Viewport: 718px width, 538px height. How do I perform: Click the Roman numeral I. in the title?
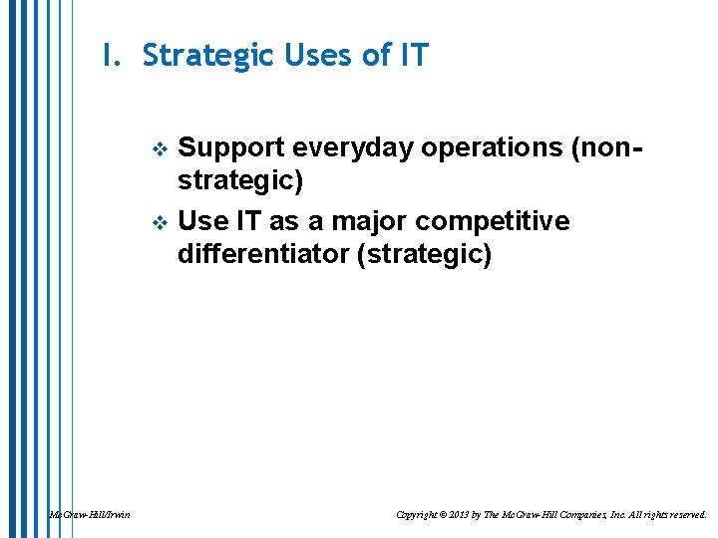(x=110, y=56)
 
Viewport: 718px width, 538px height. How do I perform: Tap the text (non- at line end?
(x=605, y=147)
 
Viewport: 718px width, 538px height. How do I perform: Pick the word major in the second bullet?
(x=376, y=219)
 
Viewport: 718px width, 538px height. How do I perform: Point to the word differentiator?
(x=262, y=255)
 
